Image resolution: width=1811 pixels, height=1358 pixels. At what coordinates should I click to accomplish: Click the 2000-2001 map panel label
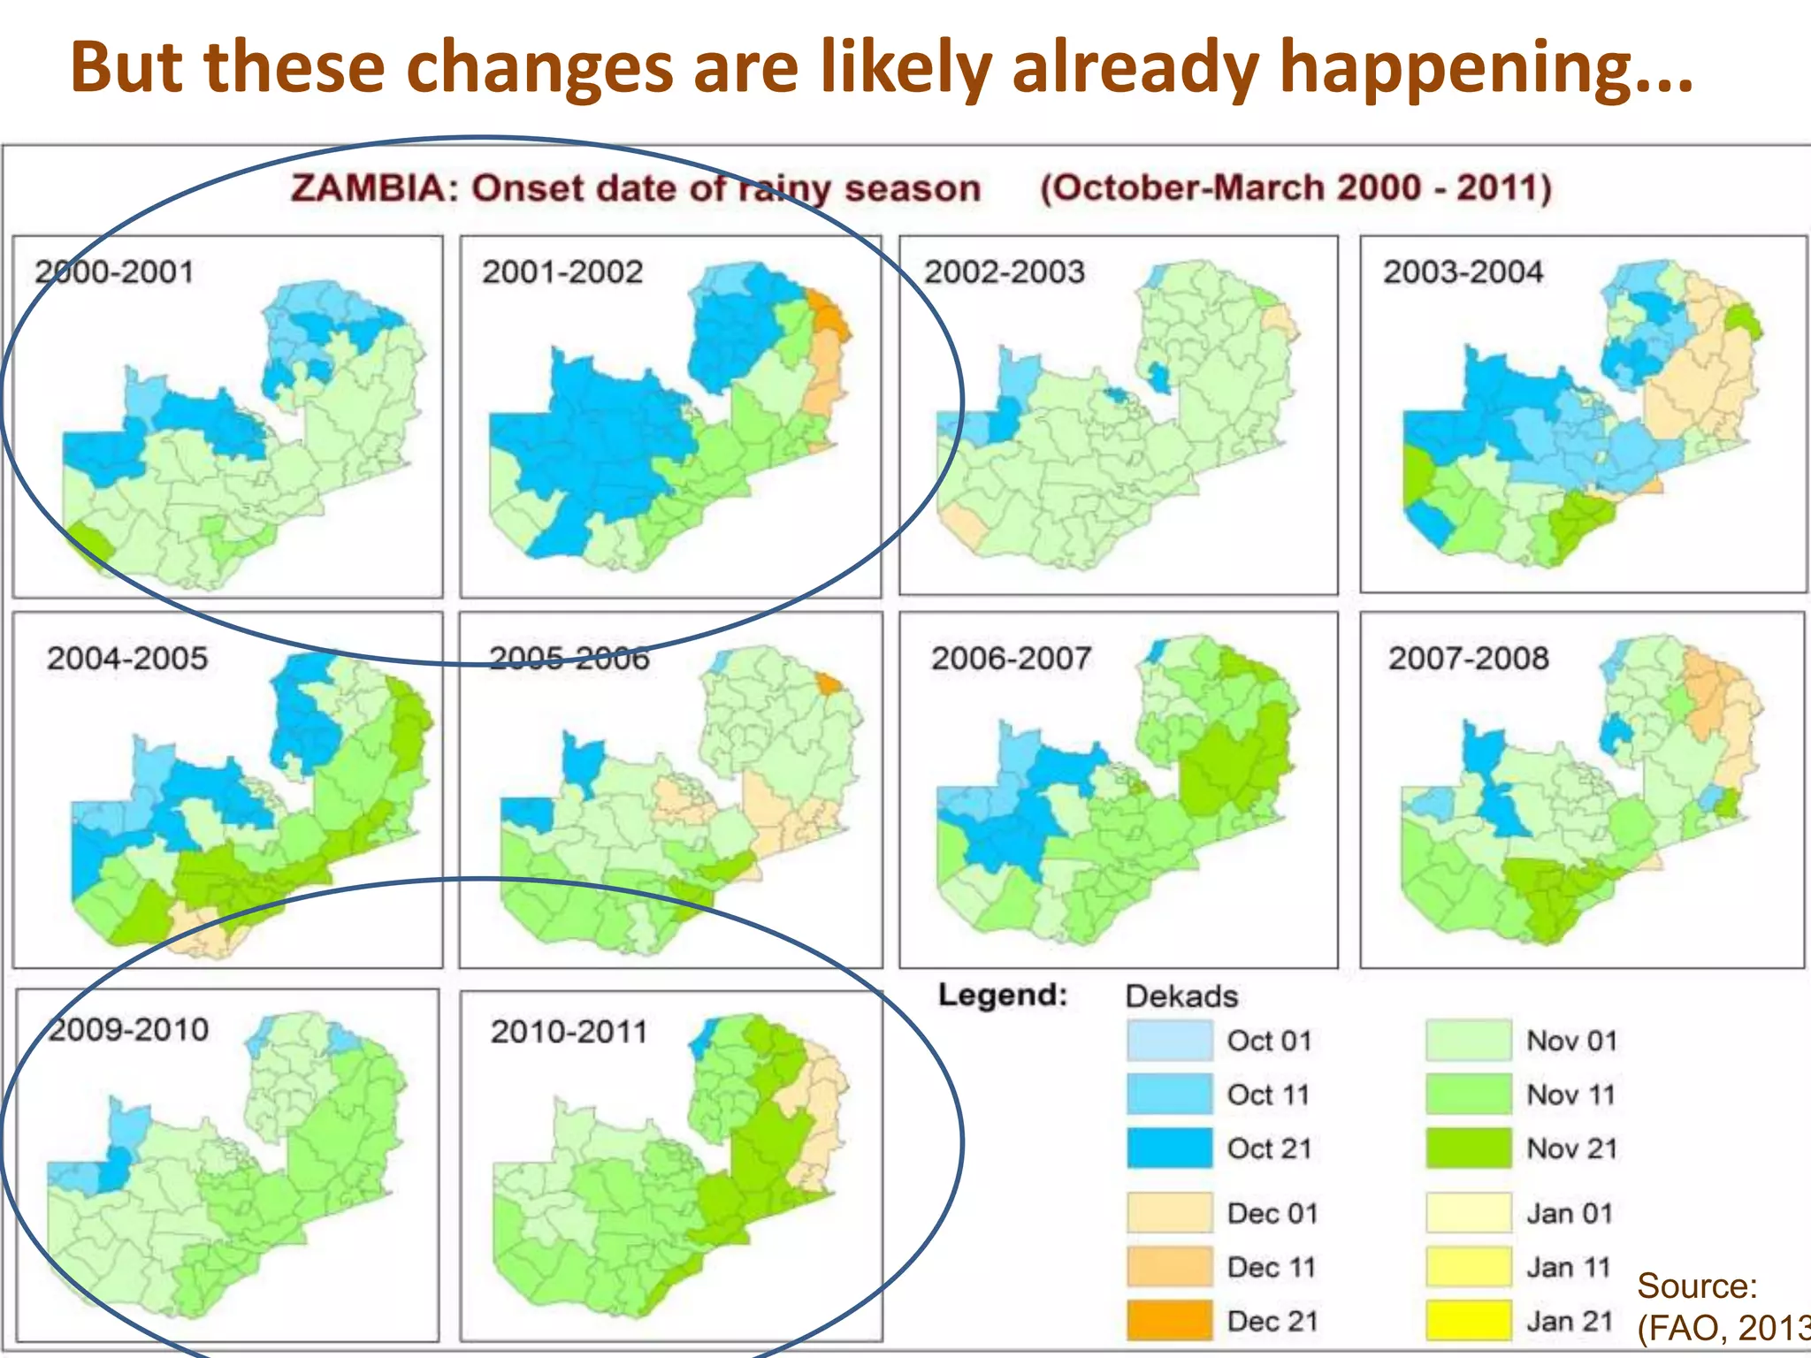[x=114, y=271]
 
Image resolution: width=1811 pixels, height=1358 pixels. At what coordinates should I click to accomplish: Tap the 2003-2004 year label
[x=1463, y=271]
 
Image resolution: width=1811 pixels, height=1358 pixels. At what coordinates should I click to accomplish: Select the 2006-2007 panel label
[x=1011, y=659]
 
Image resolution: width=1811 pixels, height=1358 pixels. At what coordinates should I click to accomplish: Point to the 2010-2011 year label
[x=569, y=1032]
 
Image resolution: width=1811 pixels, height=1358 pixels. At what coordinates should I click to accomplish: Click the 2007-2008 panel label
[x=1468, y=659]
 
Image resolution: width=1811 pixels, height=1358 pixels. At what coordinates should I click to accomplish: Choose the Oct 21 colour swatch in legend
[x=1169, y=1148]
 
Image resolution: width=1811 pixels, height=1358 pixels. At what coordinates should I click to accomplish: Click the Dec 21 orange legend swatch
[x=1169, y=1321]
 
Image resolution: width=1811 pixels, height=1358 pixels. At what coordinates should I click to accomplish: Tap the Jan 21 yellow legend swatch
[x=1468, y=1321]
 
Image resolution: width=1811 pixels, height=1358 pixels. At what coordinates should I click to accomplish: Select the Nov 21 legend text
[x=1571, y=1148]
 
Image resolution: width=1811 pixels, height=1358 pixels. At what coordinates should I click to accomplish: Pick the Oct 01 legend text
[x=1269, y=1041]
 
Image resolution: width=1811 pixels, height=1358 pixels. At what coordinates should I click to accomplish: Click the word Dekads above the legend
[x=1181, y=996]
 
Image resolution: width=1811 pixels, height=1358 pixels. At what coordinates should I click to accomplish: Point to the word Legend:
[x=1003, y=995]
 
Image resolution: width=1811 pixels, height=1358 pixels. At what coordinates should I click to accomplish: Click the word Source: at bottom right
[x=1696, y=1286]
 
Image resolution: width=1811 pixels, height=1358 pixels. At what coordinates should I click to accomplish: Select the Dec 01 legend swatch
[x=1169, y=1213]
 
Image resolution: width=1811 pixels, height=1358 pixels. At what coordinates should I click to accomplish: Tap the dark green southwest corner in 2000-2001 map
[x=88, y=541]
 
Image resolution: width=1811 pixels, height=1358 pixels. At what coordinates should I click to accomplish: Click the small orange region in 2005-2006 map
[x=829, y=683]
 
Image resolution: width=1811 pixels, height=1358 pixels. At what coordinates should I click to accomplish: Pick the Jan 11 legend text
[x=1568, y=1267]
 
